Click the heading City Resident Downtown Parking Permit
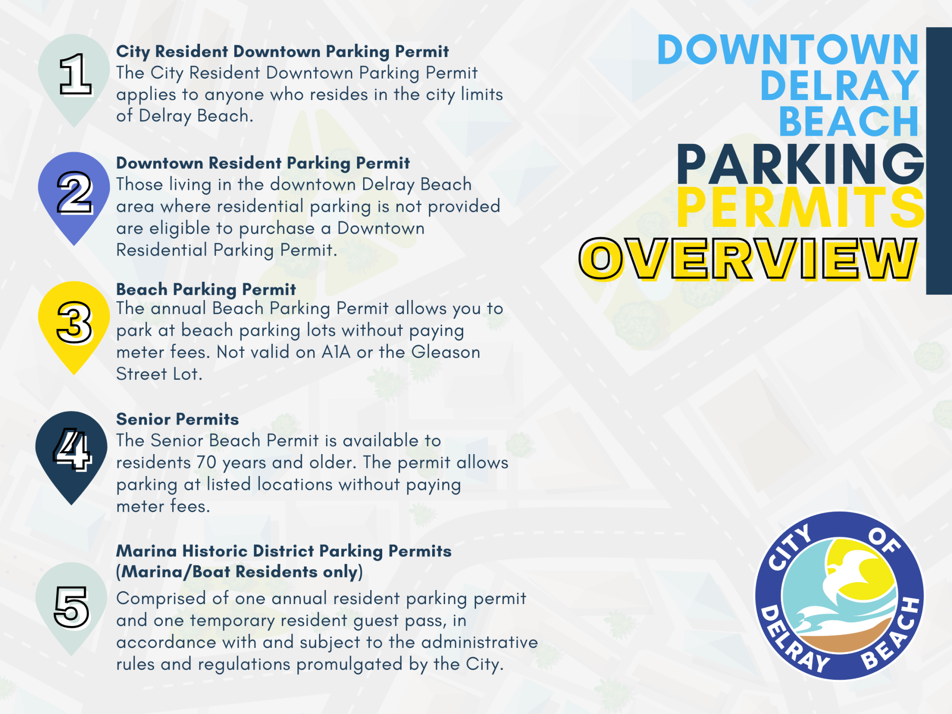tap(282, 51)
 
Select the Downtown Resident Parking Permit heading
tap(263, 163)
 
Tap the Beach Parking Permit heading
tap(206, 289)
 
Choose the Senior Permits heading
tap(178, 419)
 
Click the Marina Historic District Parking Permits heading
tap(284, 551)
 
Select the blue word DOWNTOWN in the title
tap(788, 50)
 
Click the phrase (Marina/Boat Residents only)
tap(239, 572)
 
